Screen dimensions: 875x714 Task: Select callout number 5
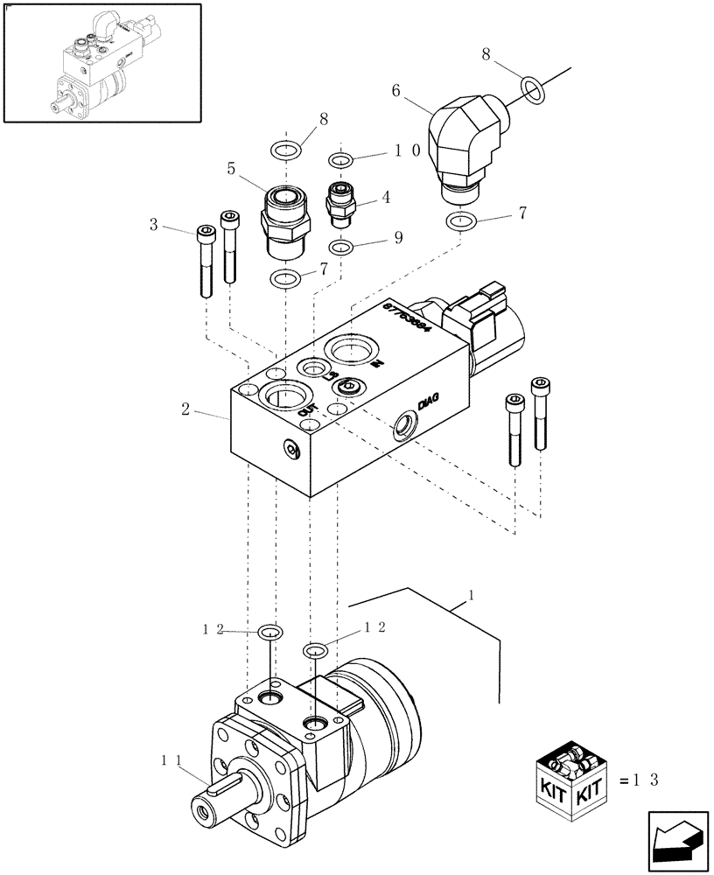coord(232,168)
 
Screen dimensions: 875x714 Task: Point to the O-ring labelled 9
coord(343,247)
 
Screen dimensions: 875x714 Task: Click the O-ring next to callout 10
coord(341,160)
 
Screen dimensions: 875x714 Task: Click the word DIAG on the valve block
coord(428,402)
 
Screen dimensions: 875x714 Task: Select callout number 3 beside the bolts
coord(153,225)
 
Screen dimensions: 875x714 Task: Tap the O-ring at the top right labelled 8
coord(530,87)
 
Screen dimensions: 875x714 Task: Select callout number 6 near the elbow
coord(396,90)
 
